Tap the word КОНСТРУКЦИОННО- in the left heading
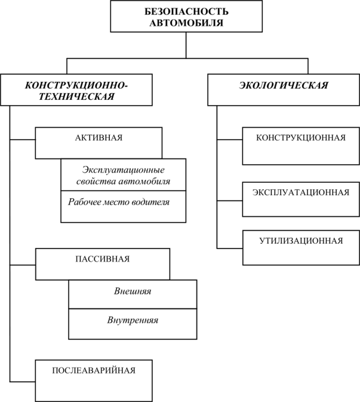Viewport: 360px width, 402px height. (76, 85)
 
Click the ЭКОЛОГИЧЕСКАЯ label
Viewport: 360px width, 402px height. (284, 85)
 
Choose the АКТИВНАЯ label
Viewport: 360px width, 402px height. (99, 137)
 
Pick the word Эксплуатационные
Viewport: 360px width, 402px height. (123, 169)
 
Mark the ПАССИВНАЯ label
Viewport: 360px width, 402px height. (103, 259)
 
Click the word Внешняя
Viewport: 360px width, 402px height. (133, 292)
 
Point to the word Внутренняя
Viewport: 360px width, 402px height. (133, 320)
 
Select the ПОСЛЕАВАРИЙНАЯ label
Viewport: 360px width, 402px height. (94, 370)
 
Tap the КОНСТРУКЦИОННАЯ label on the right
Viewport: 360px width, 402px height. (300, 137)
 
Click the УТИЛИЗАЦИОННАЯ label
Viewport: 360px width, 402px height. (300, 241)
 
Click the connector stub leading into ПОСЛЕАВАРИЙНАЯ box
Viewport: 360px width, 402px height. (23, 380)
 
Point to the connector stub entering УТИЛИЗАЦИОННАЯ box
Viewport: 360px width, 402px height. (229, 247)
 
